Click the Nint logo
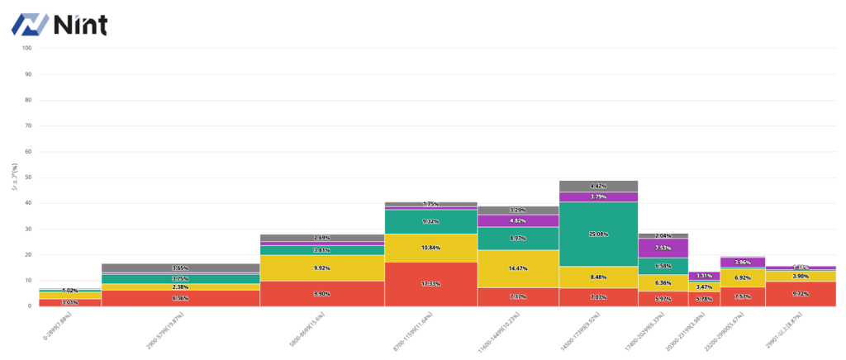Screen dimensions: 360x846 tap(59, 25)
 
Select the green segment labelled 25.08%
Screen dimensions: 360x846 tap(599, 234)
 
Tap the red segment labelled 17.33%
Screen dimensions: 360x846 tap(430, 284)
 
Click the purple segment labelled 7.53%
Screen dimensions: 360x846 tap(663, 248)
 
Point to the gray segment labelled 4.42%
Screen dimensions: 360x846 tap(599, 186)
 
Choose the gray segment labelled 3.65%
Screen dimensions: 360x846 tap(180, 268)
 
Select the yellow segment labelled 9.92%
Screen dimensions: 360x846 tap(322, 268)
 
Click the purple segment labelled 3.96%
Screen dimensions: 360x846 tap(742, 263)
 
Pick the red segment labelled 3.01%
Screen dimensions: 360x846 tap(70, 302)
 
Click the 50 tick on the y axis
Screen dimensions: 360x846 tap(28, 178)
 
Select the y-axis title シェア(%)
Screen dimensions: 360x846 tap(14, 177)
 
